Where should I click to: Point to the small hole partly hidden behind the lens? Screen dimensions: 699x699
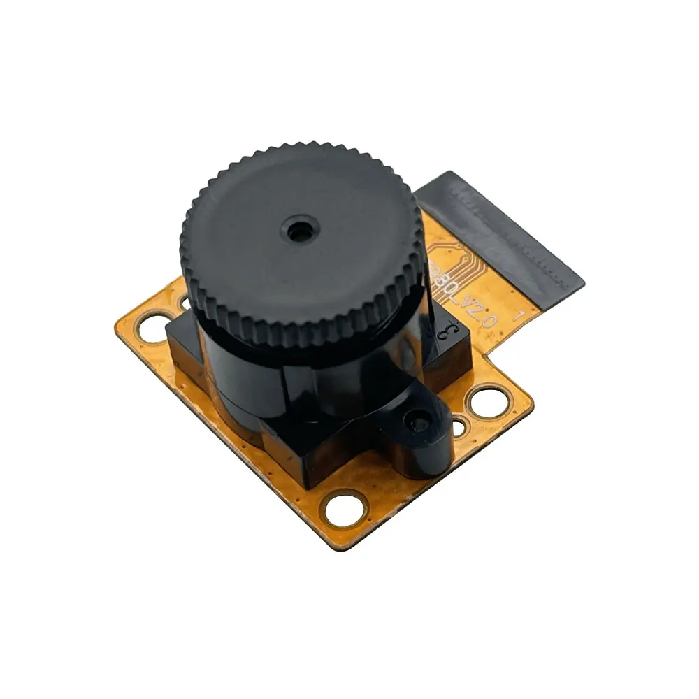(184, 302)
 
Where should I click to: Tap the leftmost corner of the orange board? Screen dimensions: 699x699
(115, 318)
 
